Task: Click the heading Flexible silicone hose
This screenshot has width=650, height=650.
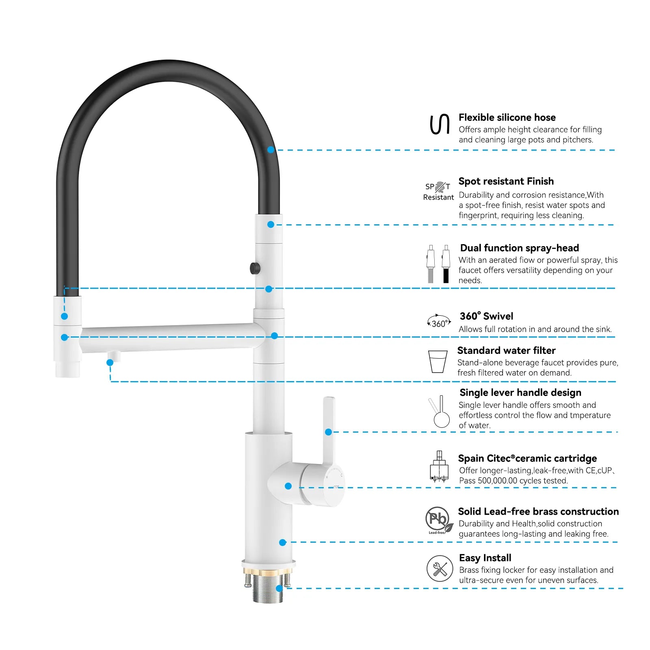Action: click(507, 117)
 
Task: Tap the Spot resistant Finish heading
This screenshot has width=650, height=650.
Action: click(506, 181)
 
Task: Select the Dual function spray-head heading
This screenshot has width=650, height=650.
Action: click(520, 248)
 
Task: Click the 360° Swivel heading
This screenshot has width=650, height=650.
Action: click(486, 316)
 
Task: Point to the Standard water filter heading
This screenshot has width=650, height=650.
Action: click(506, 350)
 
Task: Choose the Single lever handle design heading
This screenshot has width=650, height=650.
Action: click(520, 392)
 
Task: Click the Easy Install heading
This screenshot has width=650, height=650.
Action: click(485, 558)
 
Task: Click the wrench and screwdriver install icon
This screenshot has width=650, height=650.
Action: click(440, 569)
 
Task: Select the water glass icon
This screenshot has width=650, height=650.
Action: click(438, 362)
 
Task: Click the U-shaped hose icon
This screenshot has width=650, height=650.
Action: click(440, 124)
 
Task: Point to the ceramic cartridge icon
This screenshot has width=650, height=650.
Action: click(439, 466)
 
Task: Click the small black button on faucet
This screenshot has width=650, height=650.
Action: click(255, 268)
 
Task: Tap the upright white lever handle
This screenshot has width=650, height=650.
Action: click(328, 431)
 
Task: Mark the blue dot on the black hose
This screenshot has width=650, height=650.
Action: click(271, 149)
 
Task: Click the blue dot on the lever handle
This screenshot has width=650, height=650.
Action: click(329, 432)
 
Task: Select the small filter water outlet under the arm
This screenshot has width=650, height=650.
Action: click(114, 356)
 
